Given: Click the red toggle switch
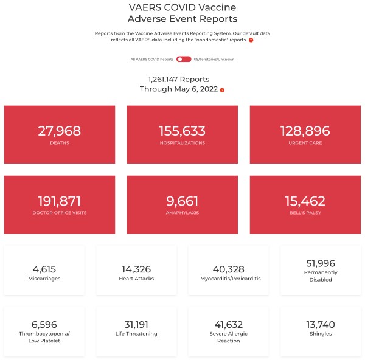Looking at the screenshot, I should tap(184, 59).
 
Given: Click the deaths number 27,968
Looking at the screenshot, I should tap(59, 131).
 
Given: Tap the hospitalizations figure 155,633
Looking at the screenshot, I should tap(182, 131).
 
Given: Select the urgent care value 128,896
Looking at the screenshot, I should tap(305, 131).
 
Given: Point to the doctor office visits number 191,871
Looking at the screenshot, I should tap(59, 201).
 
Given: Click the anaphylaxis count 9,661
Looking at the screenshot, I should tap(182, 201).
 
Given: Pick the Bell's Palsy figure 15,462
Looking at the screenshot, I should tap(305, 201).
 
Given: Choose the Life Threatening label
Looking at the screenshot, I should tap(136, 334).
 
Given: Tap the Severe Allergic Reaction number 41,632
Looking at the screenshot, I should tap(228, 324).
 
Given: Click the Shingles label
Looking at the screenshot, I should tap(322, 334).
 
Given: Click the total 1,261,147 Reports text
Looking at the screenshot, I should tap(179, 79).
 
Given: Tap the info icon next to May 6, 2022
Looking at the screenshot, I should tap(222, 90).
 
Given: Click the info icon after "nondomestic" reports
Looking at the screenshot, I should tap(251, 40).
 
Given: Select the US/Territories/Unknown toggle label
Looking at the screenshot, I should tap(214, 59).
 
